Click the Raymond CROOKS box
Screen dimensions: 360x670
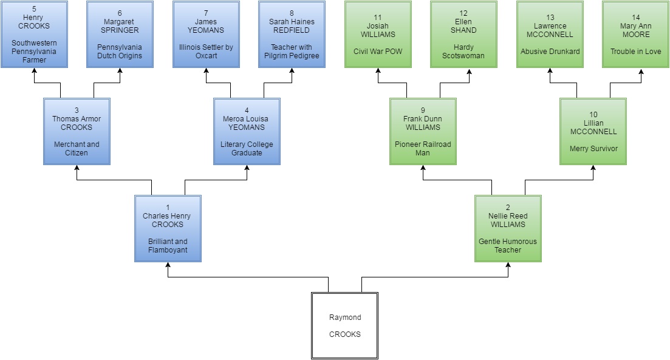344,325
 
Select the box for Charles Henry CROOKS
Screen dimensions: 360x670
168,228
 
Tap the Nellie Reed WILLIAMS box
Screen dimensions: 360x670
508,228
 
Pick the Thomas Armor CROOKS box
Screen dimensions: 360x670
77,131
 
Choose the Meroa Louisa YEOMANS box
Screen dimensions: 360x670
247,131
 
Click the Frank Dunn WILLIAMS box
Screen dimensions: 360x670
423,131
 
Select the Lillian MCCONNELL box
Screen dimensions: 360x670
593,131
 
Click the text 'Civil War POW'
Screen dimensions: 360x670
378,52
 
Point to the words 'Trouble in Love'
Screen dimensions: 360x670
635,52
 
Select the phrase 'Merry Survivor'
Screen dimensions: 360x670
593,148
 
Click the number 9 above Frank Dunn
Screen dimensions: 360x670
423,110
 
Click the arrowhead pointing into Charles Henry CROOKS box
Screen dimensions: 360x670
168,267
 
